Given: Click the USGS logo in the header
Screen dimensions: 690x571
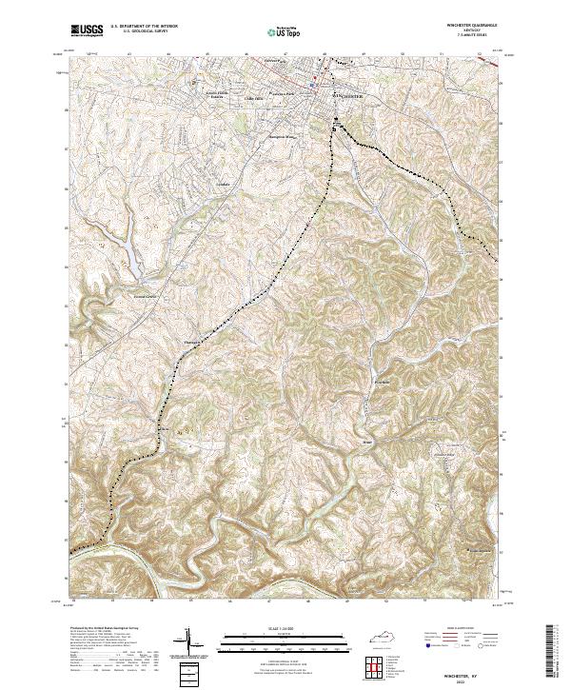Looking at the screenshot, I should [87, 30].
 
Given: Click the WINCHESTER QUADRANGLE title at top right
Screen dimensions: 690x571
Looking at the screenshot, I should [474, 26].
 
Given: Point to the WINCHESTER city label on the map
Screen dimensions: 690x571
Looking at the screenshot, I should [348, 96].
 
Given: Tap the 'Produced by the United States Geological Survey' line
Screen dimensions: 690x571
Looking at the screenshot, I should [105, 628].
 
